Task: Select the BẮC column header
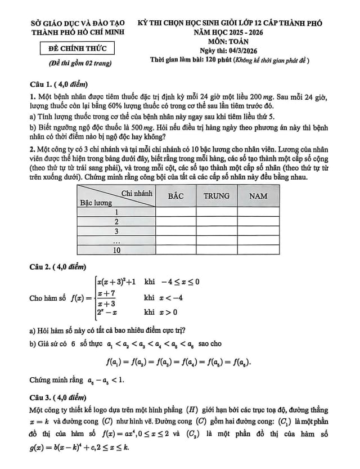tap(176, 196)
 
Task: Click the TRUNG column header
tap(217, 196)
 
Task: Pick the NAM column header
tap(258, 196)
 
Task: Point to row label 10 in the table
tap(116, 249)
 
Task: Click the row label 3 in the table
tap(116, 231)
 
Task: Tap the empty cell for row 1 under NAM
tap(258, 212)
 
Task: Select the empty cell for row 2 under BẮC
tap(176, 222)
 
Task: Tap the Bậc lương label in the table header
tap(96, 202)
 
